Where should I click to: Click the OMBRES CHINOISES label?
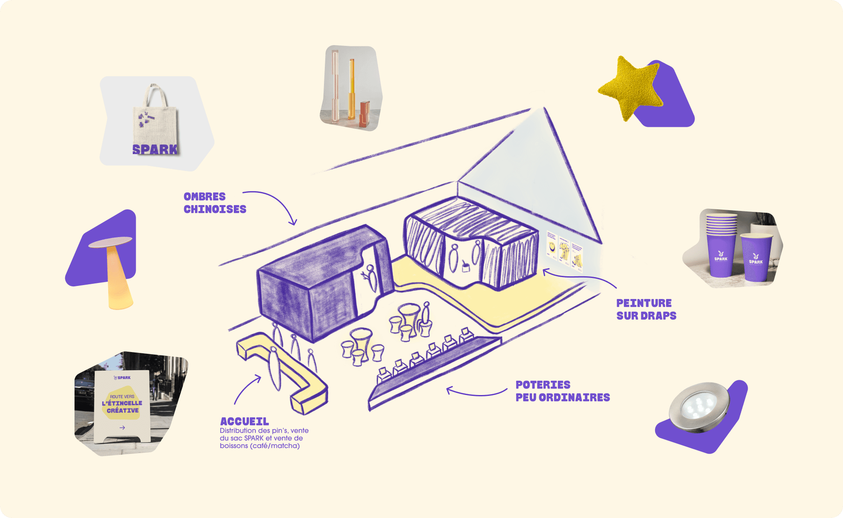click(214, 203)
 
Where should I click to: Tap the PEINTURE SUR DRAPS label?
click(646, 309)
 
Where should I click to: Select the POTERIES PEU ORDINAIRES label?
click(562, 391)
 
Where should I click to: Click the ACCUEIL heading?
click(244, 421)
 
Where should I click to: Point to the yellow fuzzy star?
click(630, 88)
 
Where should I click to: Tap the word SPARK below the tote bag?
click(155, 150)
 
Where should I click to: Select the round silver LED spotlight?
click(699, 407)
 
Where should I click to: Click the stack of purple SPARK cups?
click(721, 244)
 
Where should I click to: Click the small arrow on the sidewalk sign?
click(122, 427)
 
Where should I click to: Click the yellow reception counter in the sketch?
click(291, 371)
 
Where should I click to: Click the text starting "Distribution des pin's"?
click(264, 438)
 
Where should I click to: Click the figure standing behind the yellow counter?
click(275, 366)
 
